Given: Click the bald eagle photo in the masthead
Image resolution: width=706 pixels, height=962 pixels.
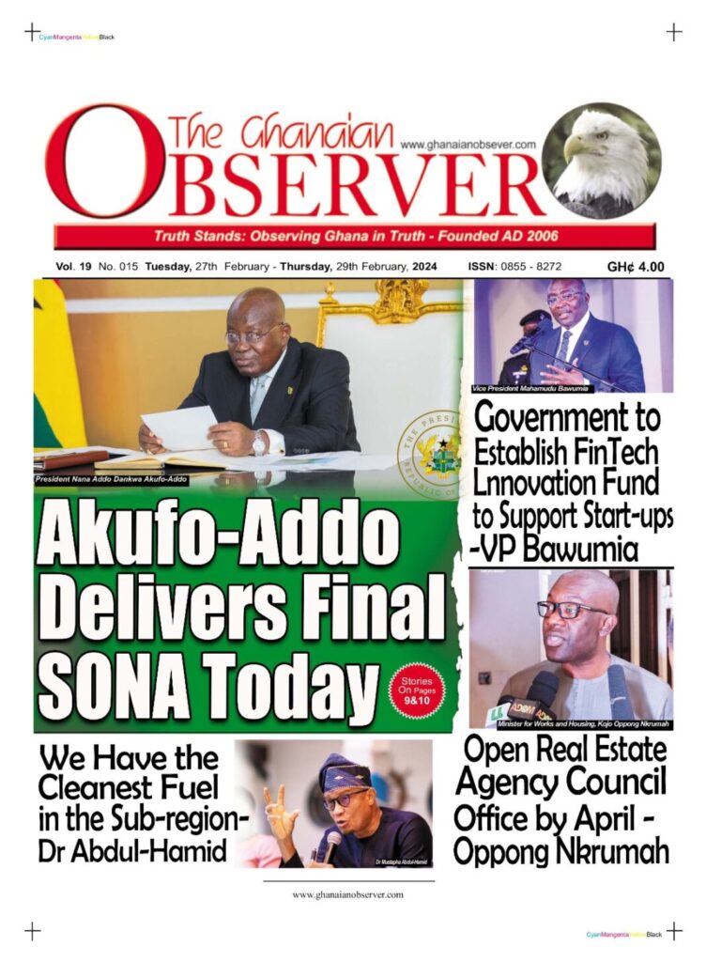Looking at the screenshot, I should [601, 162].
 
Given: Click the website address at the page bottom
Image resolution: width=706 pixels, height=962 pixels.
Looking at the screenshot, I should [348, 894].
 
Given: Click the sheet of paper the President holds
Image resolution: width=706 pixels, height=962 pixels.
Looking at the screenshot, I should [180, 428].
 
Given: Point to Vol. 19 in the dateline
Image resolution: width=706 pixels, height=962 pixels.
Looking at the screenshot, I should [72, 267].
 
